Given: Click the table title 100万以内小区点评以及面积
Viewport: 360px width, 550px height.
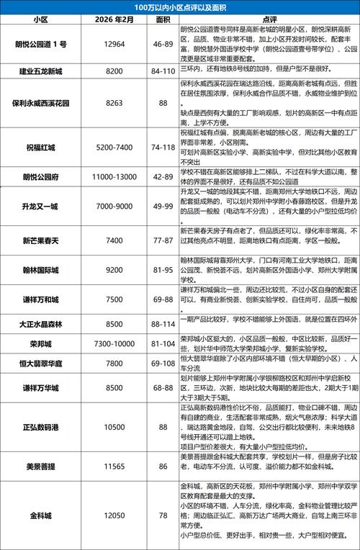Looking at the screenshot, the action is [180, 6].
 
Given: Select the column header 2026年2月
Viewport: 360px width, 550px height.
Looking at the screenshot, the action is [114, 19].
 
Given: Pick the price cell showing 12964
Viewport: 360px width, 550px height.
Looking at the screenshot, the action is [114, 45].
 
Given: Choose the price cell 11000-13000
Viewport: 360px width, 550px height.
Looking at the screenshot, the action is [114, 176].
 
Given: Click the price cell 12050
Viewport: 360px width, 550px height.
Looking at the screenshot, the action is [114, 517].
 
